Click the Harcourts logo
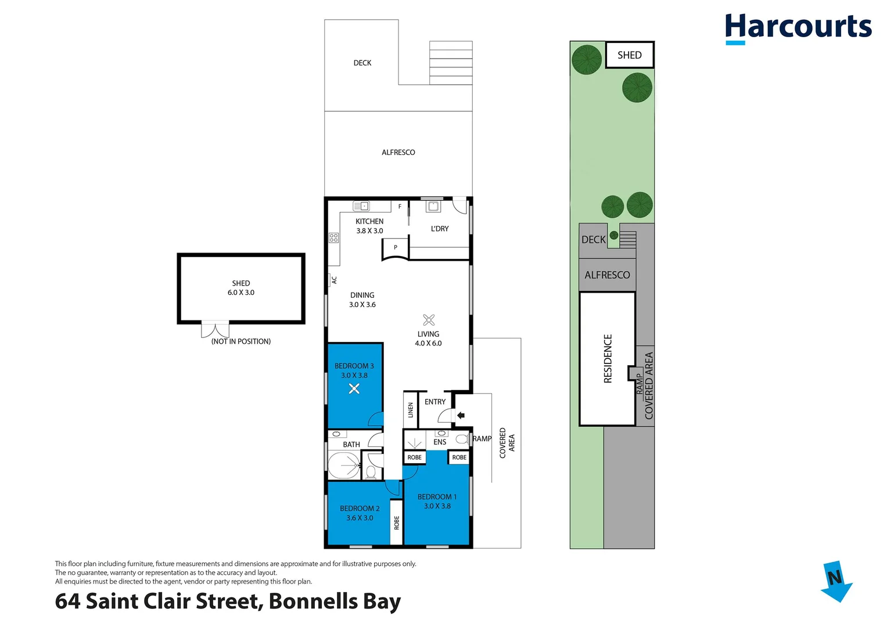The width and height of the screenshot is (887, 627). pyautogui.click(x=798, y=28)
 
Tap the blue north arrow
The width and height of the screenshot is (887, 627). pyautogui.click(x=836, y=581)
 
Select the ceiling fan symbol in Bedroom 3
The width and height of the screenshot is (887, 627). pyautogui.click(x=354, y=389)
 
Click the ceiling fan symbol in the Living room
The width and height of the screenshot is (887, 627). pyautogui.click(x=429, y=320)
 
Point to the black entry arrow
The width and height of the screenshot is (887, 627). pyautogui.click(x=461, y=415)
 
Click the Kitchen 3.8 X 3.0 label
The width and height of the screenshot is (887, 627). pyautogui.click(x=369, y=226)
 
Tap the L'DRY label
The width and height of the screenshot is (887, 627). pyautogui.click(x=440, y=228)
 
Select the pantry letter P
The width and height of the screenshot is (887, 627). pyautogui.click(x=395, y=247)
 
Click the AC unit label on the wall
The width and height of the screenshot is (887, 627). pyautogui.click(x=334, y=280)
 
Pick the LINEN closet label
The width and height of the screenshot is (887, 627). pyautogui.click(x=411, y=410)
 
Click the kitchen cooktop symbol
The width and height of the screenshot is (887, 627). pyautogui.click(x=333, y=237)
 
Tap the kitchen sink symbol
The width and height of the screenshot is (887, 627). pyautogui.click(x=361, y=206)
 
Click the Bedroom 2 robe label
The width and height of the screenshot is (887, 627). pyautogui.click(x=396, y=522)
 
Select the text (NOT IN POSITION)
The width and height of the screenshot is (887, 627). pyautogui.click(x=240, y=341)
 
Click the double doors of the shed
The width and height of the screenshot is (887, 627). pyautogui.click(x=215, y=329)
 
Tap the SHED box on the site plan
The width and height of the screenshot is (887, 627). pyautogui.click(x=630, y=55)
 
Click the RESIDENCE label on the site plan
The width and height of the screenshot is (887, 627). pyautogui.click(x=608, y=359)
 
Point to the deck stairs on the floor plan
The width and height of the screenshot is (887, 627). pyautogui.click(x=451, y=63)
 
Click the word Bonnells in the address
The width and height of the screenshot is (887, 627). pyautogui.click(x=313, y=601)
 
